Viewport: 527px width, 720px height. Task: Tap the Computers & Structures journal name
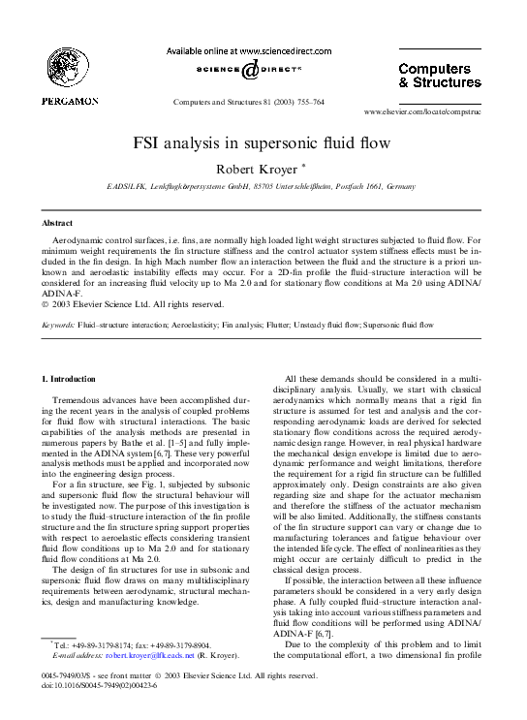[440, 76]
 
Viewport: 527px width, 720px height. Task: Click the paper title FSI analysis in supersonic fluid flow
[263, 143]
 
